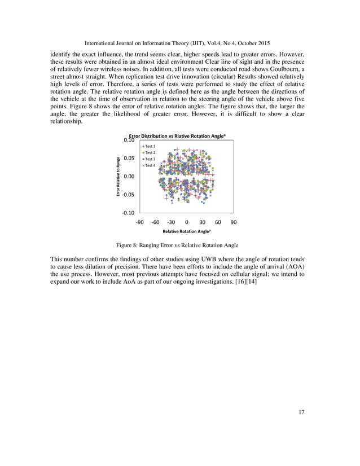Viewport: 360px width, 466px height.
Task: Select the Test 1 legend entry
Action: coord(150,147)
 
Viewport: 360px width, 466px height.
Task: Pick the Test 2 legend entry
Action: coord(150,153)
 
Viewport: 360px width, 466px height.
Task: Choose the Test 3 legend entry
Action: coord(150,159)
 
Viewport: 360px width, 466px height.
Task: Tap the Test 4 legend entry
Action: coord(150,165)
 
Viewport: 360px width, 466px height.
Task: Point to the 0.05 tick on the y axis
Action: coord(129,159)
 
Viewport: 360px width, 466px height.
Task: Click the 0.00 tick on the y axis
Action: coord(129,177)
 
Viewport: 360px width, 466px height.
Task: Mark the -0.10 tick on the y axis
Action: coord(128,213)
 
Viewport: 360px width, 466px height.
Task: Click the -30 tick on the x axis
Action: coord(171,222)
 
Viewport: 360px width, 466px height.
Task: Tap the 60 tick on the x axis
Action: coord(218,222)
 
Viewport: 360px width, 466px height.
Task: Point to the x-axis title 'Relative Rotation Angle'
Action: coord(186,232)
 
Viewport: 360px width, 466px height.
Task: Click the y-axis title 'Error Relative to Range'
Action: coord(118,176)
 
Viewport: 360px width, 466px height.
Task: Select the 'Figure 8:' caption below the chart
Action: coord(129,245)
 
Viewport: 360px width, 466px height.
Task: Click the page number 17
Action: coord(301,412)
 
